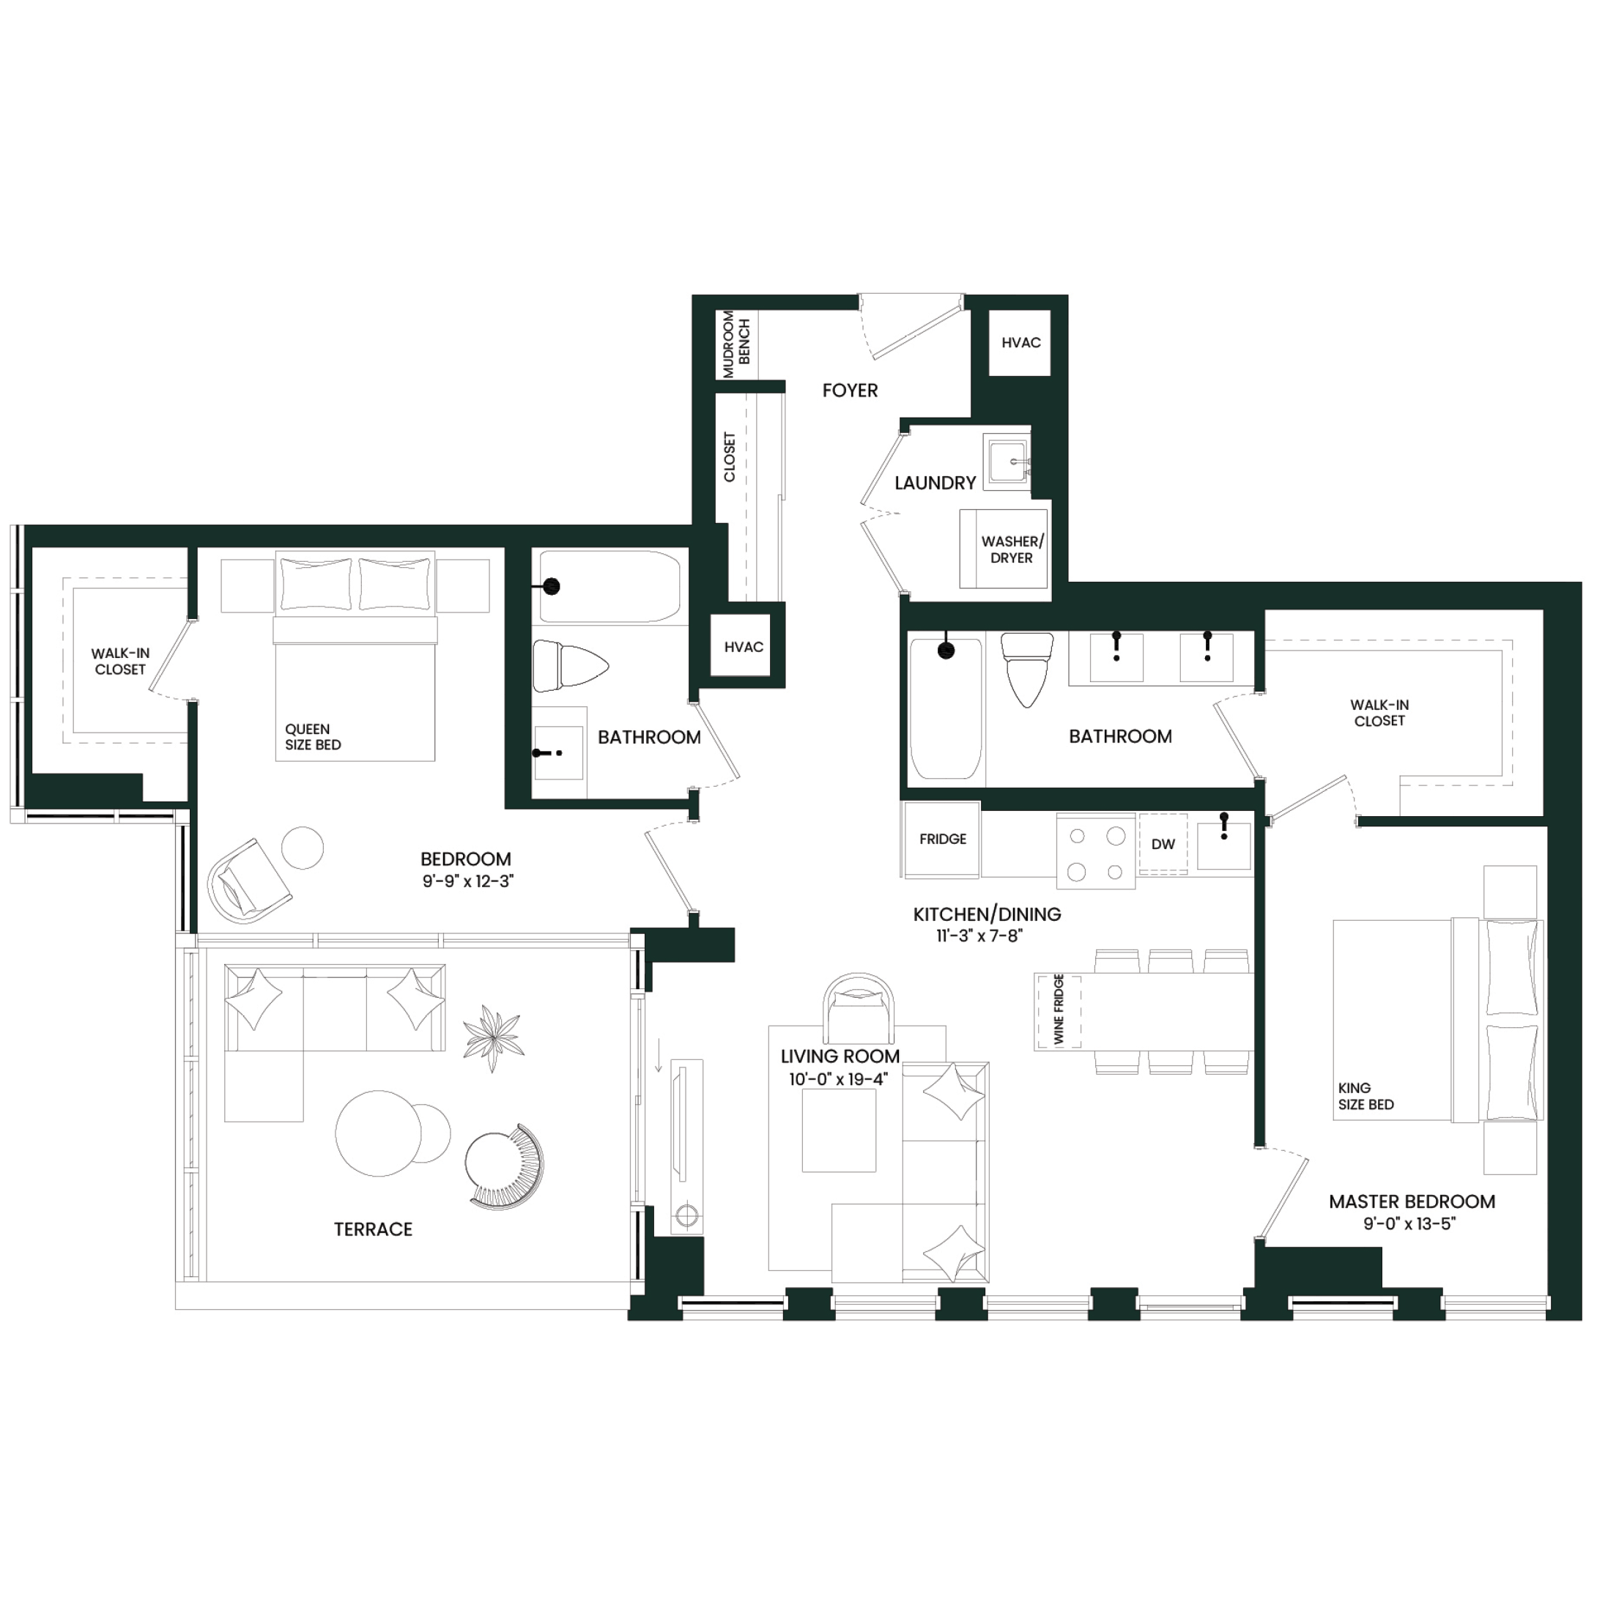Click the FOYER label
(849, 390)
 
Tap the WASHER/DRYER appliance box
(1003, 549)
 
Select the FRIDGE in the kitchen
(942, 839)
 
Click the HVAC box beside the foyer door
(1020, 343)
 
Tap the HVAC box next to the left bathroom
(743, 647)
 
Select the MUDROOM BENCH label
(735, 344)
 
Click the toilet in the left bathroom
(570, 665)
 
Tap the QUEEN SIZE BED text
(312, 737)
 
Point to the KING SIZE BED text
(1366, 1097)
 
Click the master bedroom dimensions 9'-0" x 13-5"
(1409, 1224)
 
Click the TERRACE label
(373, 1230)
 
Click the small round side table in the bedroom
(303, 848)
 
